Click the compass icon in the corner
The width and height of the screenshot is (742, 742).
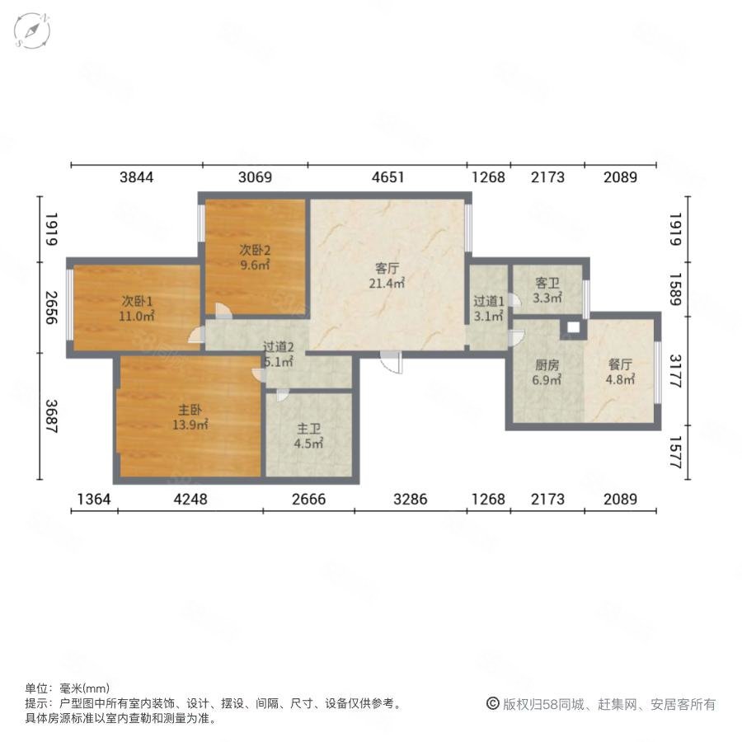point(32,31)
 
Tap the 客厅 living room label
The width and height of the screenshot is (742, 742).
point(387,268)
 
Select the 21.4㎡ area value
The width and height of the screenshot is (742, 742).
point(387,284)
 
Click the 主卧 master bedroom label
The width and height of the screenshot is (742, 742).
point(190,410)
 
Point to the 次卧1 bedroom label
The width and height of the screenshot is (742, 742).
point(137,301)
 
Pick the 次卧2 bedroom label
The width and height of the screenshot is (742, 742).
point(255,249)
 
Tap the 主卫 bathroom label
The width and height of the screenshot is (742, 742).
point(308,429)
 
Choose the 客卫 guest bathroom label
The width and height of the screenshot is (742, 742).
point(547,283)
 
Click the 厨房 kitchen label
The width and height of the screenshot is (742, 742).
point(547,365)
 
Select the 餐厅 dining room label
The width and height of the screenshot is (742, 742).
point(620,364)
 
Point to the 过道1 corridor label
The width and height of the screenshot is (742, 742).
point(489,301)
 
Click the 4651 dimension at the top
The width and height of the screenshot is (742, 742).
point(387,177)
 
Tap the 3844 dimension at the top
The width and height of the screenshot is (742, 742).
point(136,177)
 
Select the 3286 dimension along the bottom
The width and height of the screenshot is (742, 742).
point(410,499)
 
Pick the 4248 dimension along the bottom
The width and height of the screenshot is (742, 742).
point(190,499)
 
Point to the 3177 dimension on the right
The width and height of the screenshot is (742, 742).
point(676,371)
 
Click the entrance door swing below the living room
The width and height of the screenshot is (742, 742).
point(392,363)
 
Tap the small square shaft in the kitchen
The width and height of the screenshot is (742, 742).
point(573,327)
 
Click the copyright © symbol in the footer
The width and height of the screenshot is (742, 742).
point(493,704)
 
